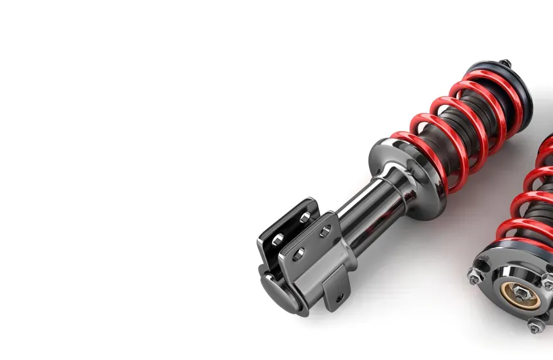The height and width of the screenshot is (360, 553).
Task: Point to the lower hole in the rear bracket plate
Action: (x=278, y=240)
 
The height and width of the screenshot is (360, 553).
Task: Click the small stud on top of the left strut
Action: (x=506, y=63)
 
